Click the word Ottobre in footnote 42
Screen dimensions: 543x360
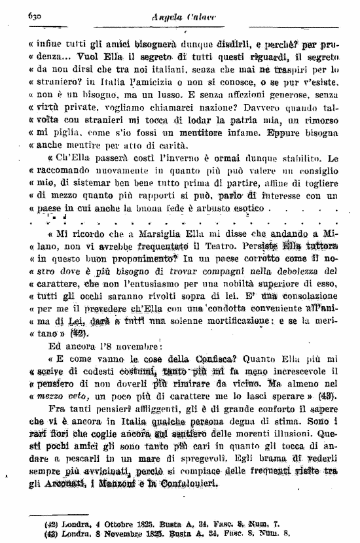click(96, 524)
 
